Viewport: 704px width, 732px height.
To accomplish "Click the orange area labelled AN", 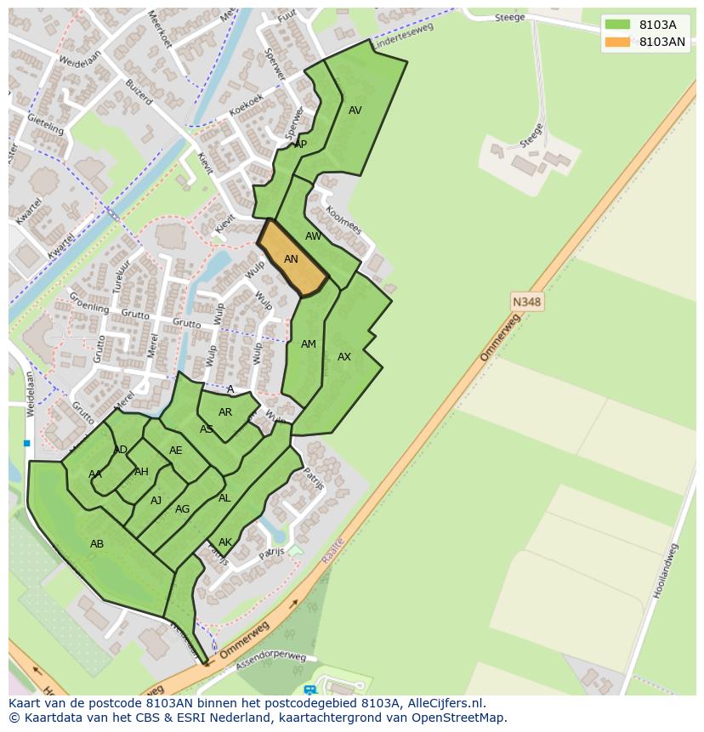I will pos(292,259).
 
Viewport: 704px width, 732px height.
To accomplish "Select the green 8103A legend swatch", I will pos(617,25).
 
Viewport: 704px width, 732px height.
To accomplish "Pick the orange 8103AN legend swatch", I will pos(617,42).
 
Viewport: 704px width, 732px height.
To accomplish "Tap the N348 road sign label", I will pos(526,302).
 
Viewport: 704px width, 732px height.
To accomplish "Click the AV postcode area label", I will pos(355,111).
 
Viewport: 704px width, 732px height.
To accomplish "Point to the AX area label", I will pos(344,357).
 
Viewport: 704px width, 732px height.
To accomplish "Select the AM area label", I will pos(309,344).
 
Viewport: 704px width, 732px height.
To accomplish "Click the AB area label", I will pos(97,543).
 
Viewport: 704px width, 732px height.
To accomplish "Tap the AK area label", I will pos(225,542).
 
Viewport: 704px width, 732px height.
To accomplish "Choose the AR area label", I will pos(225,412).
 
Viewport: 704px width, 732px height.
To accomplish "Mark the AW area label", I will pos(314,236).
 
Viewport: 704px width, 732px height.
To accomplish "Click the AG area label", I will pos(182,509).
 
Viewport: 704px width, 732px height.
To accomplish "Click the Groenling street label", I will pos(88,304).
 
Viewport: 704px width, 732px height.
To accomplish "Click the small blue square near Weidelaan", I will pos(27,443).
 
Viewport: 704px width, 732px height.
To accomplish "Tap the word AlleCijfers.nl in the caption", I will pos(442,704).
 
